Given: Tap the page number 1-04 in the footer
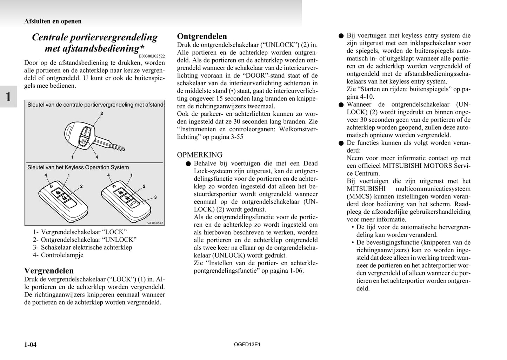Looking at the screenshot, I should tap(31, 345).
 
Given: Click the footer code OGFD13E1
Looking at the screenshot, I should tap(247, 345).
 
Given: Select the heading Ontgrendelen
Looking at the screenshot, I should tap(202, 36).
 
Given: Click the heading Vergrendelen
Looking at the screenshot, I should tap(49, 271).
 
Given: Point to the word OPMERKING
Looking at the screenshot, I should tap(200, 155).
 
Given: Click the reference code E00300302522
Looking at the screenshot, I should tap(152, 56).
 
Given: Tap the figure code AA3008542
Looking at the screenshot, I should tap(155, 223).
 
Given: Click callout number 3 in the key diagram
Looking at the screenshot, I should tap(155, 197).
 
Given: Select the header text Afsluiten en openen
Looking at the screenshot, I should tap(53, 21).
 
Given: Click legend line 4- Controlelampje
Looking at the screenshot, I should tap(58, 255).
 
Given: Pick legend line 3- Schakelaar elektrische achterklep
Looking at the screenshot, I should tap(82, 247).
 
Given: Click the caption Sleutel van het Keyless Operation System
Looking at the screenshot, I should tap(78, 167).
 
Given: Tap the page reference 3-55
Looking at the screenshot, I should tap(235, 137).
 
